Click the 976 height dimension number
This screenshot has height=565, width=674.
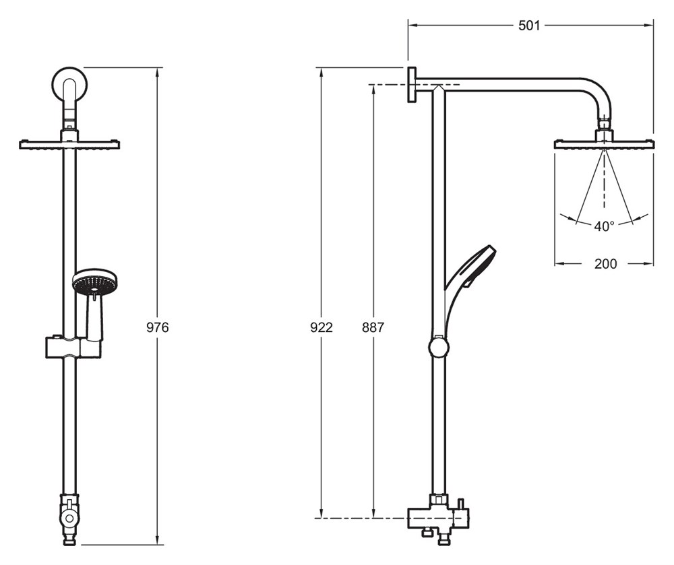[158, 327]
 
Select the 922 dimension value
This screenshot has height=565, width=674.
[321, 327]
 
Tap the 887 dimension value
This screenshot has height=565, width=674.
[373, 327]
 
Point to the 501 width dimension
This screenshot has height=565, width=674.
[528, 26]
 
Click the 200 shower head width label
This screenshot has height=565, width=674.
[605, 263]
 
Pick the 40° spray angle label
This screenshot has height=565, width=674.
[605, 226]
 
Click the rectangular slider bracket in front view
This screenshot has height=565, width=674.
[73, 347]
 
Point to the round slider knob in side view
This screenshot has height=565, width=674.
[439, 346]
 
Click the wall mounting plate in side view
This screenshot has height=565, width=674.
[411, 85]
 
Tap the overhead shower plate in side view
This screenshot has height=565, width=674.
[605, 144]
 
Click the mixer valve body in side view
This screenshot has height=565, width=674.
[437, 519]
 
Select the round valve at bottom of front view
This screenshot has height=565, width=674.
[68, 517]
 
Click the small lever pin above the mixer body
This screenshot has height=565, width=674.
[461, 503]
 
